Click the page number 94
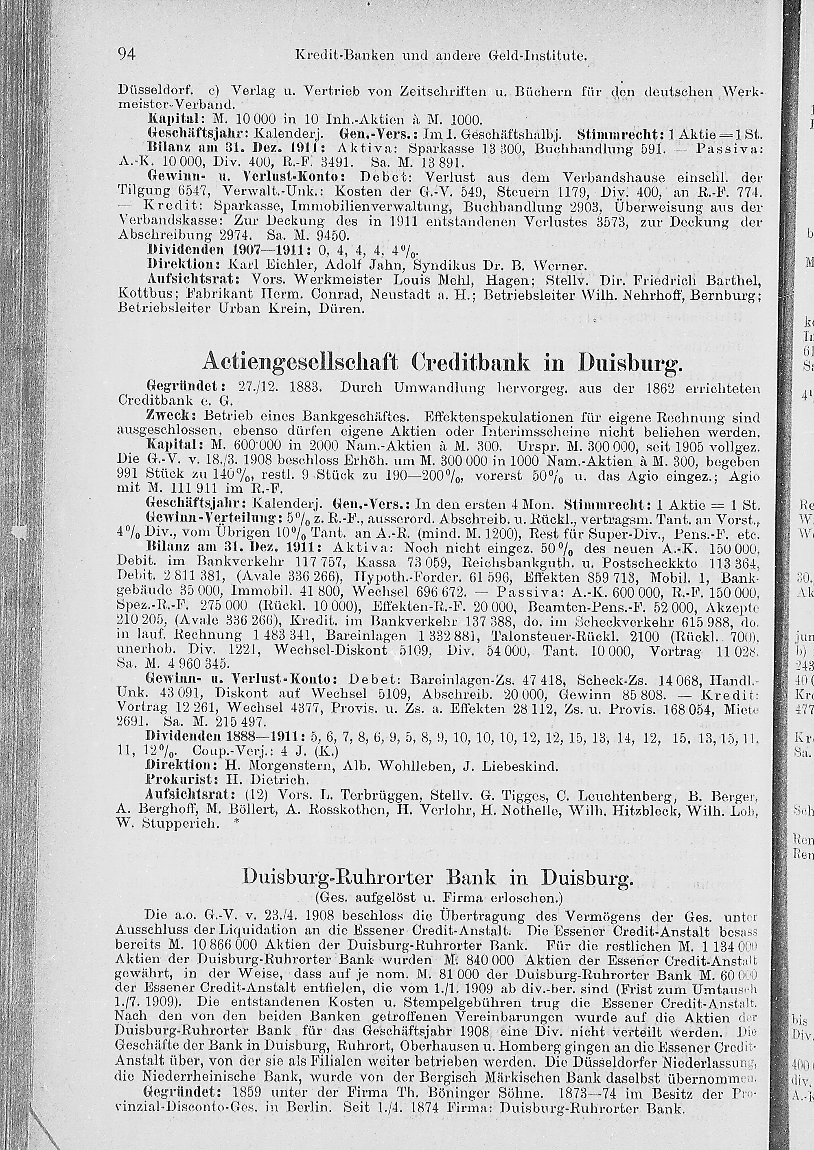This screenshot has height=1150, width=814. (x=126, y=54)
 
